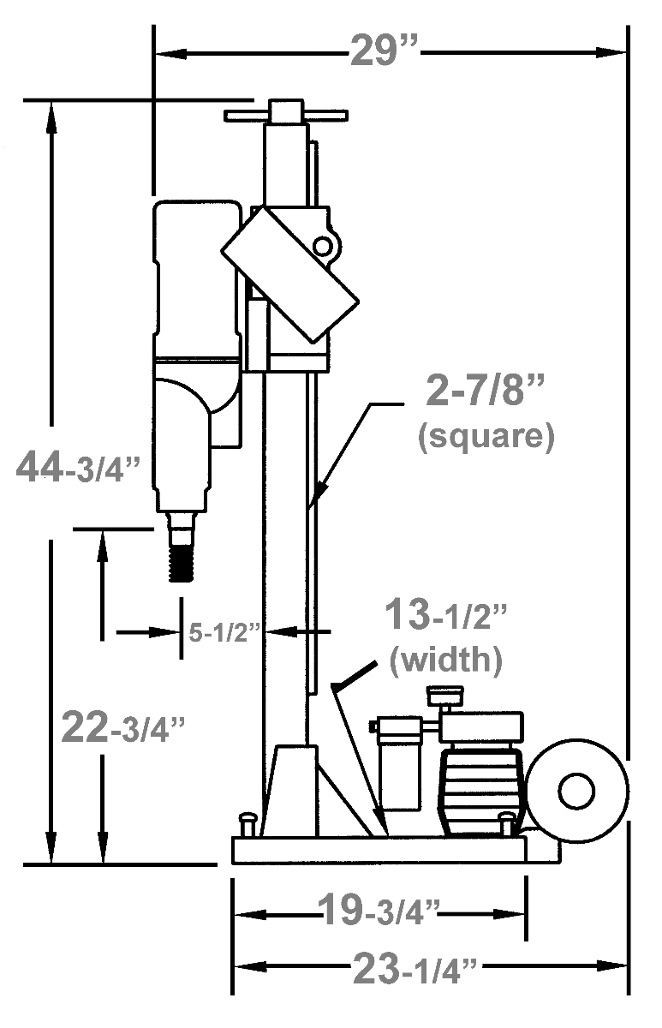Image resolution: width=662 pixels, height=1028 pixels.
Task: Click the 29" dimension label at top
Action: [x=384, y=52]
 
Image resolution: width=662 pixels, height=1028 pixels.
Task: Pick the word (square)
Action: [x=486, y=437]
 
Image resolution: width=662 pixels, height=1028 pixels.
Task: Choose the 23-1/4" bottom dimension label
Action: [x=420, y=971]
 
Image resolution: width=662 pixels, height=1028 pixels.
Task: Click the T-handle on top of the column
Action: [x=285, y=114]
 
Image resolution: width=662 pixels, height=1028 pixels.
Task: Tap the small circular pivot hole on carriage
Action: [x=322, y=246]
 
